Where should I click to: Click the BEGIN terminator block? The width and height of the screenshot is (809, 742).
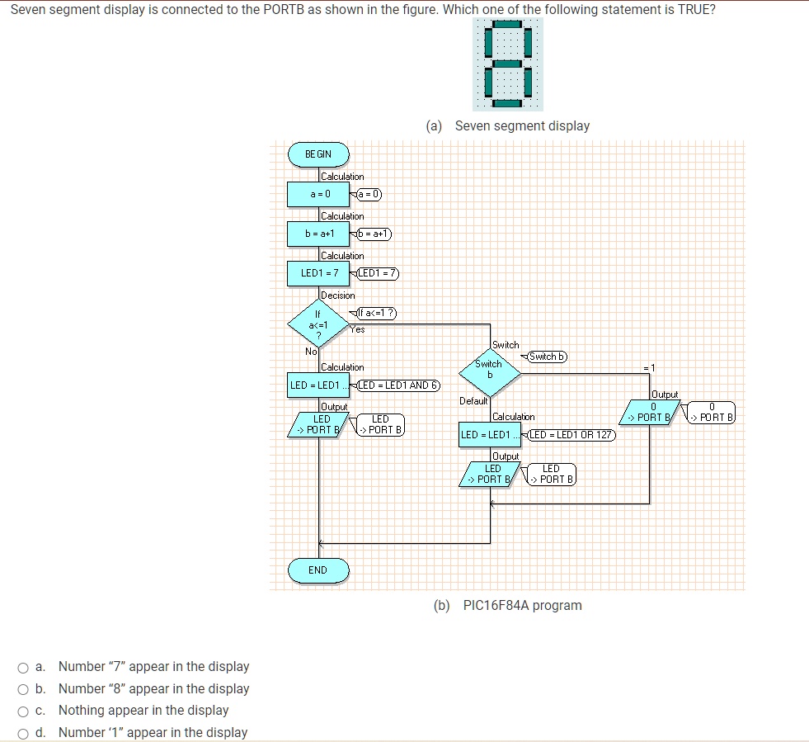(x=317, y=154)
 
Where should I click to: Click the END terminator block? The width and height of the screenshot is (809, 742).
(x=317, y=569)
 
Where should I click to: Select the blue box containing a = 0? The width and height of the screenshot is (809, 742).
(x=318, y=194)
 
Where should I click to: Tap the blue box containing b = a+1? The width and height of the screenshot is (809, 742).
(x=318, y=234)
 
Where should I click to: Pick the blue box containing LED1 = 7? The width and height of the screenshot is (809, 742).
(x=318, y=273)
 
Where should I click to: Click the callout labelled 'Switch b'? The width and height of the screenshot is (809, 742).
(x=547, y=357)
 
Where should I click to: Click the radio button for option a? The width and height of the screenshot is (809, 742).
(x=25, y=668)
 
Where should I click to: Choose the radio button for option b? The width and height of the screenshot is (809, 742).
(x=25, y=689)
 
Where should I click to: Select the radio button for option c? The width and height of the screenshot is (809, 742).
(x=25, y=711)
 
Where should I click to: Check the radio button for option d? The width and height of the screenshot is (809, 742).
(x=25, y=733)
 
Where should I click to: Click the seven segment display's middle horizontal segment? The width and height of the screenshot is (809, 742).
(x=507, y=64)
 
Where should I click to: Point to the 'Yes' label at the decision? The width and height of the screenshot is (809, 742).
(x=356, y=329)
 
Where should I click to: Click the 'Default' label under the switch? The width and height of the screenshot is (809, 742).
(x=474, y=401)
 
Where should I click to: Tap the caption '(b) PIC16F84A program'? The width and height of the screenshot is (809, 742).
(x=508, y=605)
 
